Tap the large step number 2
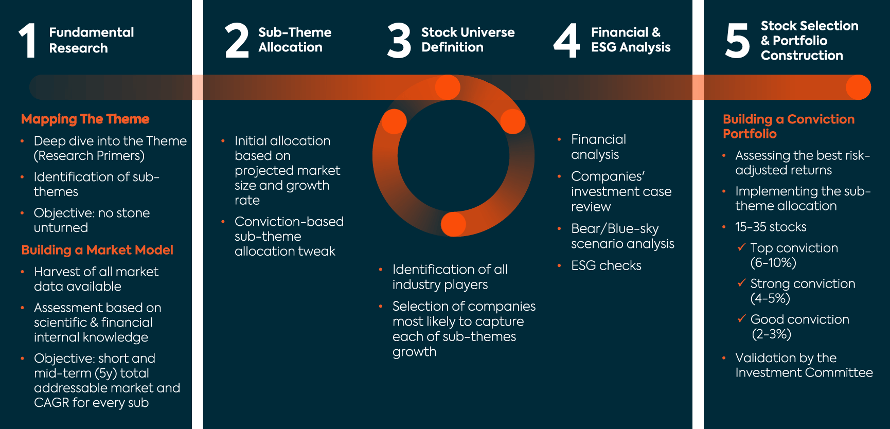tap(237, 40)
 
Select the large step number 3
tap(399, 40)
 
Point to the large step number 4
tap(566, 40)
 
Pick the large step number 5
tap(737, 40)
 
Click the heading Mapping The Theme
tap(85, 119)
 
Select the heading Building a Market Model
tap(97, 250)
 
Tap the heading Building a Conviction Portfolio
tap(788, 126)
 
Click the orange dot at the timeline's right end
tap(858, 87)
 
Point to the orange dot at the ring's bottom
tap(453, 224)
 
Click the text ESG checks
tap(606, 265)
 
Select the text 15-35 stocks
tap(770, 227)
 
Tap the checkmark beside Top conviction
tap(741, 247)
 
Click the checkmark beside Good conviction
tap(741, 319)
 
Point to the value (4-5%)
tap(770, 298)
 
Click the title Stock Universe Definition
tap(468, 40)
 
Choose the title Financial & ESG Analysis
tap(631, 40)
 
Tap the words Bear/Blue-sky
tap(615, 228)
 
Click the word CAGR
tap(51, 403)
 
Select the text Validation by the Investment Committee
tap(804, 365)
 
